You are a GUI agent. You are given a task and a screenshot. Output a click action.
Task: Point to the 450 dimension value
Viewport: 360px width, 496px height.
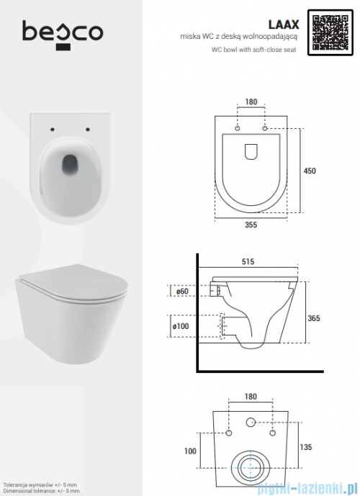310,171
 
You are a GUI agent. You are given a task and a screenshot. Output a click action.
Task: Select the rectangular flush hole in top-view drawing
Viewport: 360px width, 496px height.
251,151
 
